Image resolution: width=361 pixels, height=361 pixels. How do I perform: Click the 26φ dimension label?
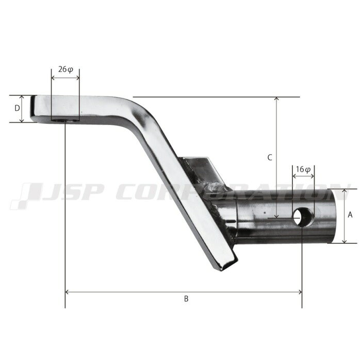pos(65,69)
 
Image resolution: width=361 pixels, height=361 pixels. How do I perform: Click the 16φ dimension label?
pos(303,170)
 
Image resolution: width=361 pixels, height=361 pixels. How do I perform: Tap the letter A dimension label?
pos(350,215)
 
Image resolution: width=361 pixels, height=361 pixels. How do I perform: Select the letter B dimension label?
pos(186,299)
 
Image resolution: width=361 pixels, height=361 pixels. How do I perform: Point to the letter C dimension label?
pos(270,157)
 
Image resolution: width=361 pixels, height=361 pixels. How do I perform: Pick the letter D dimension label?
pos(17,108)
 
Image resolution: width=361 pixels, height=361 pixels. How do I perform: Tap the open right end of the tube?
pos(332,216)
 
